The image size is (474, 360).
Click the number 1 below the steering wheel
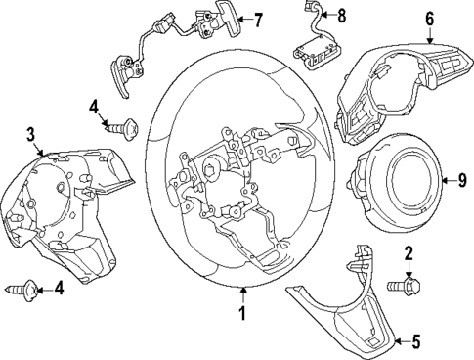click(242, 314)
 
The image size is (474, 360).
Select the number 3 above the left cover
click(32, 134)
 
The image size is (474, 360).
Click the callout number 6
click(429, 18)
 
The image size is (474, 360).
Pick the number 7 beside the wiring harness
click(258, 18)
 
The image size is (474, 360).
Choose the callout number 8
click(341, 16)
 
